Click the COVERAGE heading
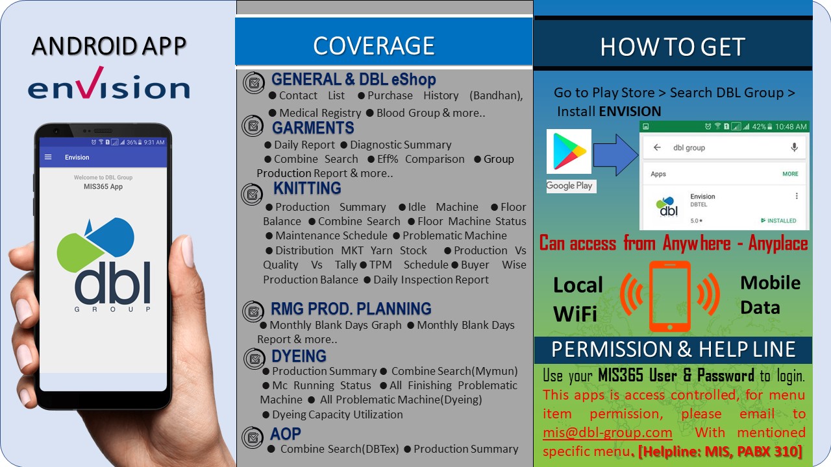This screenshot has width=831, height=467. point(373,46)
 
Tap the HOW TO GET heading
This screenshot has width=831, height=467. point(673,47)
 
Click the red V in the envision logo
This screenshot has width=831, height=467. point(92,82)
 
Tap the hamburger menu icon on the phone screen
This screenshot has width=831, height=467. point(48,157)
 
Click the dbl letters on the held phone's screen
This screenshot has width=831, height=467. point(113,283)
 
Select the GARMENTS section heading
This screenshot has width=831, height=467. point(313,128)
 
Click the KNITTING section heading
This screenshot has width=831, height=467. point(307,188)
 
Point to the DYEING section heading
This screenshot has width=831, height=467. point(299,356)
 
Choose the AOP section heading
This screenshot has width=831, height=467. point(285,434)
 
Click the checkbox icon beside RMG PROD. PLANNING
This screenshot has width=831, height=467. point(253,311)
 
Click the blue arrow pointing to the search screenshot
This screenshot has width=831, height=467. point(615,154)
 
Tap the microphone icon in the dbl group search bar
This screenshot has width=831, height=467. point(794,147)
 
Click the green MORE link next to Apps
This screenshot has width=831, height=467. point(790,174)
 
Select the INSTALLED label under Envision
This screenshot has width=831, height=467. point(778,221)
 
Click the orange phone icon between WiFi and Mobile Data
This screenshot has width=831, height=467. point(670,296)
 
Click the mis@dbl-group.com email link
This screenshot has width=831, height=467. point(607,433)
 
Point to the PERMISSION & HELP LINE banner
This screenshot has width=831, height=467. point(673,350)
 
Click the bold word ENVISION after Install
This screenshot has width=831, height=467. point(630,112)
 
